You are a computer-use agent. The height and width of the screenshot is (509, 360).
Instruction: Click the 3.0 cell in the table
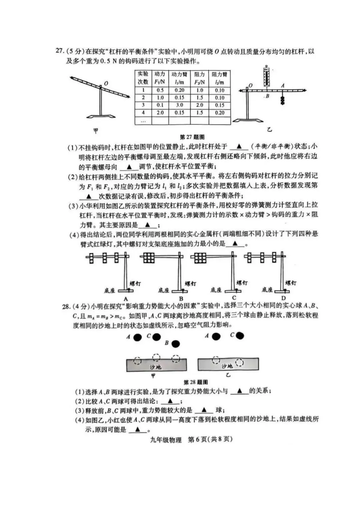pos(179,105)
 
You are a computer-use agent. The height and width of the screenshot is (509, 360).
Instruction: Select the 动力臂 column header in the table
pos(179,78)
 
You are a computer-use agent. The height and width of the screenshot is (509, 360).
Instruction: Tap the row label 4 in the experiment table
pos(143,113)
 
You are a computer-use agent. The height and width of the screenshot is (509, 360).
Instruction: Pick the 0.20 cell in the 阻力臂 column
pos(220,113)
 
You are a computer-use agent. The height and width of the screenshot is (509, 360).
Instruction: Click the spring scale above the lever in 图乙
pos(266,76)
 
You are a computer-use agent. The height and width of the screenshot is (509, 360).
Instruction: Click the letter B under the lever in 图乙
pos(267,96)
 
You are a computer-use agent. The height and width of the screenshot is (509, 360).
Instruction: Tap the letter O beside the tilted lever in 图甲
pos(106,83)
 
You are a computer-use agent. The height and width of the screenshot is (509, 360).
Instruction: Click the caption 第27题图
pos(192,137)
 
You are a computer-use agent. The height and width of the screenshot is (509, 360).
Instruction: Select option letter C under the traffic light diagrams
pos(234,298)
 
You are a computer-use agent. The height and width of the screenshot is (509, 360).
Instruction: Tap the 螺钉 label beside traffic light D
pos(291,283)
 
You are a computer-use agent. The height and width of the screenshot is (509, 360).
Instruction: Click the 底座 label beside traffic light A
pos(109,290)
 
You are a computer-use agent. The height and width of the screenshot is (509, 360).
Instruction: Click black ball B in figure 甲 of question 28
pos(175,344)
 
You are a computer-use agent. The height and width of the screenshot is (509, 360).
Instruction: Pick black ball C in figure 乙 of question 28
pos(239,336)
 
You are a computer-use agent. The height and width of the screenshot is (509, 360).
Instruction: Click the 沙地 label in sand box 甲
pos(155,367)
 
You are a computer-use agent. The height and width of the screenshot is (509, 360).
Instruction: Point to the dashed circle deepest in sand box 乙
pos(239,362)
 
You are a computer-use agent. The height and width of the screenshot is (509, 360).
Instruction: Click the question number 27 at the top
pos(59,51)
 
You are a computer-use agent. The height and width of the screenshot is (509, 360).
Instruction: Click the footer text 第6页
pos(197,439)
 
